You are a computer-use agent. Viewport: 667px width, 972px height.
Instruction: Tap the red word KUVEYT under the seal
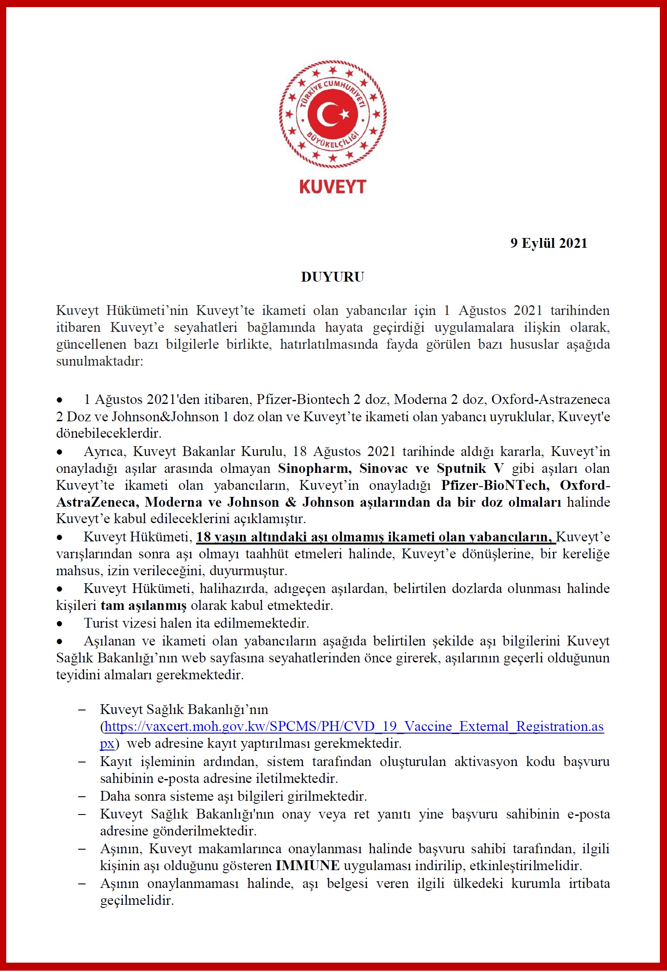click(x=333, y=187)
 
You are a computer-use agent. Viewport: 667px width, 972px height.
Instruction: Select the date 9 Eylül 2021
click(x=548, y=243)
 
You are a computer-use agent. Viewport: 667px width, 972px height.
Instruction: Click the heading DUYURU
click(x=333, y=277)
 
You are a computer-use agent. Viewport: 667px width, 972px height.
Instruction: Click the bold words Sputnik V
click(x=470, y=468)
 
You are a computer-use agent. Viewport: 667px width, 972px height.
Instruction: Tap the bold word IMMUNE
click(x=308, y=866)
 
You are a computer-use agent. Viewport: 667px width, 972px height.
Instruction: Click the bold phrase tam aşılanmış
click(x=144, y=605)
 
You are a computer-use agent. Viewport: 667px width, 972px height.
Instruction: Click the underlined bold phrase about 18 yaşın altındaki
click(x=376, y=537)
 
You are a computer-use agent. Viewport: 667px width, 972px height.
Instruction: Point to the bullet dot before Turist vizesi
click(x=60, y=624)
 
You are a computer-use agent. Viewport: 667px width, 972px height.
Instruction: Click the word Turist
click(x=98, y=623)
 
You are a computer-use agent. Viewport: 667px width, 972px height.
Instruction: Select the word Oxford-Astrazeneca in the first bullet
click(x=550, y=399)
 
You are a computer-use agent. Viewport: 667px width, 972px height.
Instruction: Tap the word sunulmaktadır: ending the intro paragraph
click(x=100, y=361)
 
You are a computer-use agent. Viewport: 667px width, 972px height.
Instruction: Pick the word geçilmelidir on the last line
click(x=137, y=901)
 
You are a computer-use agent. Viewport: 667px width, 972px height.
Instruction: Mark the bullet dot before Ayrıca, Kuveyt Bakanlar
click(x=60, y=452)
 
